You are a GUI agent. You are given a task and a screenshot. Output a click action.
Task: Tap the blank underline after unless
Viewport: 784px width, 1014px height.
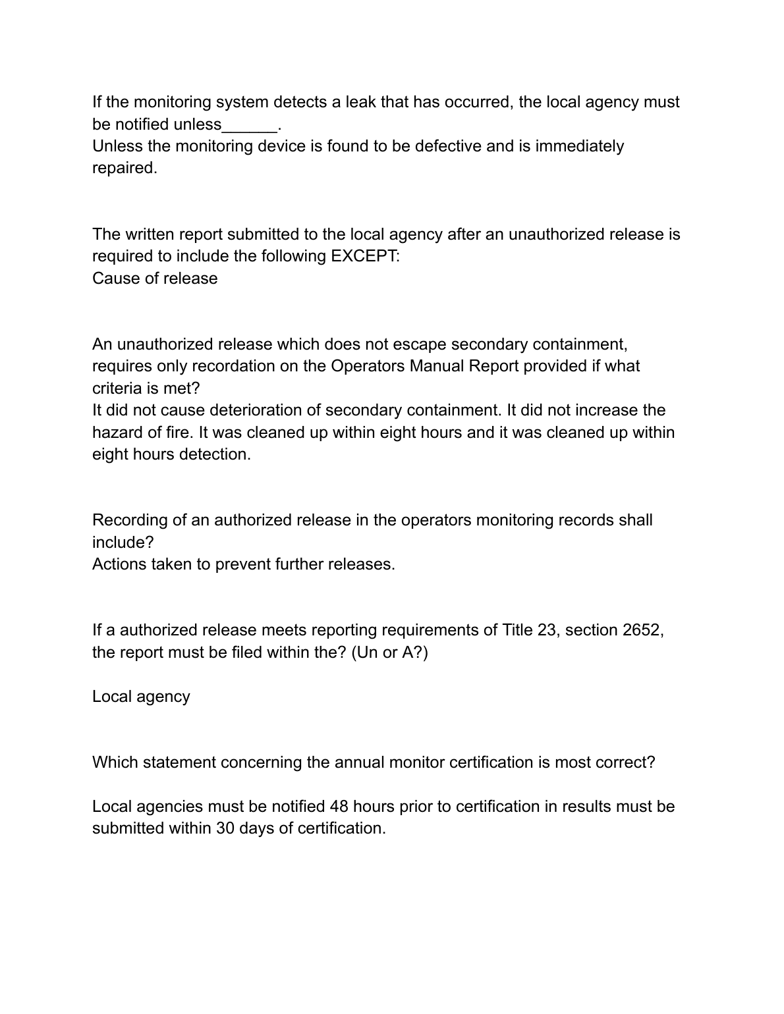pos(250,124)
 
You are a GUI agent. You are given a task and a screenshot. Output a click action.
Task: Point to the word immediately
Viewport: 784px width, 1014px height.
pos(579,146)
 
